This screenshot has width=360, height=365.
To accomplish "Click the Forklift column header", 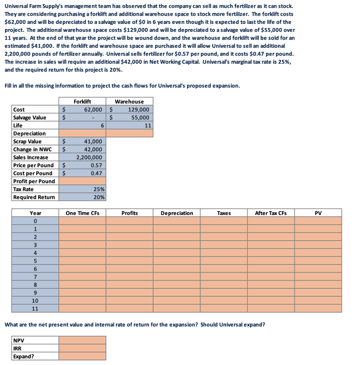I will (x=82, y=102).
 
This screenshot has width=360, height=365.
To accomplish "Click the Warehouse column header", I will (x=129, y=102).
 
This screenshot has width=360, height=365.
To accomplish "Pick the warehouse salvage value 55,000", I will (x=140, y=118).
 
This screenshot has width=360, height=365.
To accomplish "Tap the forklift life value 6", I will (x=102, y=125).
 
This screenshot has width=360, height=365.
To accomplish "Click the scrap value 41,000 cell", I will (x=94, y=142).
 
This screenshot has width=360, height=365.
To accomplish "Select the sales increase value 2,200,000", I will (x=89, y=157).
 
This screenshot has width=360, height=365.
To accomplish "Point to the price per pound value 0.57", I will (x=96, y=165).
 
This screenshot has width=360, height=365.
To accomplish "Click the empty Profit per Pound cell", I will (x=82, y=181).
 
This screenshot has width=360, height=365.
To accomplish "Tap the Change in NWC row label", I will (x=32, y=149).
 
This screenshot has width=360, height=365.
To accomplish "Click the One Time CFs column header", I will (x=82, y=213).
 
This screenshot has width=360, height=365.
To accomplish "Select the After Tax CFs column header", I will (x=270, y=213).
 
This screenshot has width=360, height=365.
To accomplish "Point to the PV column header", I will (x=318, y=213).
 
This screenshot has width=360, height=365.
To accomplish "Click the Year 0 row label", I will (x=35, y=221).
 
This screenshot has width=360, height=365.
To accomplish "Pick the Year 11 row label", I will (x=35, y=309).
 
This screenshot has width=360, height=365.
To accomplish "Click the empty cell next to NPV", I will (x=82, y=340).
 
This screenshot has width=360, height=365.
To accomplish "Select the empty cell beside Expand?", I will (x=82, y=356).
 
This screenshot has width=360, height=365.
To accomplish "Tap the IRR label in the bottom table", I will (x=17, y=348).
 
